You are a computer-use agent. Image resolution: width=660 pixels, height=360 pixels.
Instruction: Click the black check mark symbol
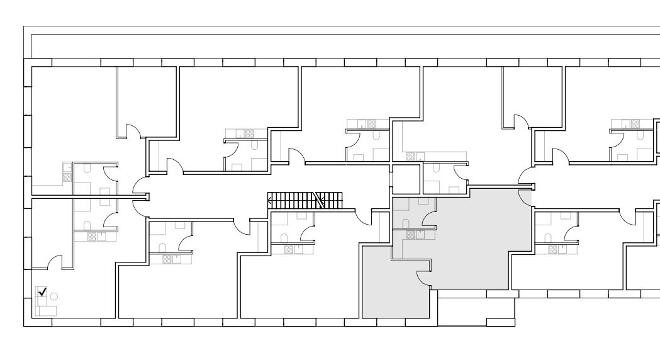[43, 291]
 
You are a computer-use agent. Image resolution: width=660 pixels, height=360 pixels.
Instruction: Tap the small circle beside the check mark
[54, 296]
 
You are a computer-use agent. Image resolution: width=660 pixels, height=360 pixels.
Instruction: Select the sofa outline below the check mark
[46, 310]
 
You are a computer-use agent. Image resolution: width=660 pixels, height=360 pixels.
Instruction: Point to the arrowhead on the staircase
[271, 201]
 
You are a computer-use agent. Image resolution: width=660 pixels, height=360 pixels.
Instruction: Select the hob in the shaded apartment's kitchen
[411, 235]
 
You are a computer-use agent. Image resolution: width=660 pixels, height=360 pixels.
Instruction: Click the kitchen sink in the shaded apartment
[420, 234]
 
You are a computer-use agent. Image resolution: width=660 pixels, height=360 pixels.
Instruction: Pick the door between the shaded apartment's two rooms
[423, 277]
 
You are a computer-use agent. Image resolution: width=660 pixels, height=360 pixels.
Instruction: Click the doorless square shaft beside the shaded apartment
[406, 179]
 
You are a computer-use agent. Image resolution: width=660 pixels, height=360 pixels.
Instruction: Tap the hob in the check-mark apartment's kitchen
[92, 237]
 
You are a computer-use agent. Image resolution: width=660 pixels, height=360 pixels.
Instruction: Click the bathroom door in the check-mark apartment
[111, 220]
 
